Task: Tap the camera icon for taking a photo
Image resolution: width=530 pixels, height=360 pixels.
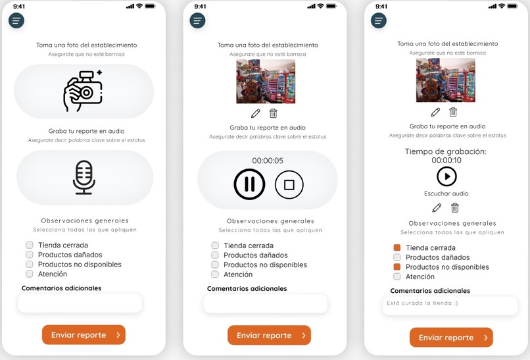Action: (83, 91)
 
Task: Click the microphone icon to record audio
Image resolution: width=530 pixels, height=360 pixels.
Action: (84, 177)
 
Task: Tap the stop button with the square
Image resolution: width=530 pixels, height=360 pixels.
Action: (289, 184)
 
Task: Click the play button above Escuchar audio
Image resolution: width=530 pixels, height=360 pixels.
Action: (446, 176)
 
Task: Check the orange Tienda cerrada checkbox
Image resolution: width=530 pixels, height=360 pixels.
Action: (397, 247)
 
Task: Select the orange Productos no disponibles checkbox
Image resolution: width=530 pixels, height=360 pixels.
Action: (397, 267)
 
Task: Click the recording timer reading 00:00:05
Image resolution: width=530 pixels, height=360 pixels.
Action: (268, 161)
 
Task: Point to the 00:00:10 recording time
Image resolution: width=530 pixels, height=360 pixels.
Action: (446, 161)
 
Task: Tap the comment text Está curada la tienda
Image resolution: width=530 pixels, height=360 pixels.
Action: (422, 303)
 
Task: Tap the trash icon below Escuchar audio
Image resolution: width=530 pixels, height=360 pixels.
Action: (455, 207)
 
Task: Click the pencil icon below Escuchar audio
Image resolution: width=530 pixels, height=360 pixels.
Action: (437, 208)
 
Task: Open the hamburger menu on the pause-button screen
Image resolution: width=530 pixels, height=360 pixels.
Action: (197, 20)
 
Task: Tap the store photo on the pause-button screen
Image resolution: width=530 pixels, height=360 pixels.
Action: (266, 82)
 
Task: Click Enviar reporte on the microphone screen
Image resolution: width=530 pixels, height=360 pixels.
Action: (84, 335)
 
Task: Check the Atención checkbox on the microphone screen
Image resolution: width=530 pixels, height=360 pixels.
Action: (30, 274)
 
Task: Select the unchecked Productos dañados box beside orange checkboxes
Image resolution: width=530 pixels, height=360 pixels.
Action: (397, 257)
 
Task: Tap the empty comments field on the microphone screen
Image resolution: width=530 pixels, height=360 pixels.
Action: (80, 303)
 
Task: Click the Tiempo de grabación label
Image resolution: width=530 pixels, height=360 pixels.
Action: (446, 151)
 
